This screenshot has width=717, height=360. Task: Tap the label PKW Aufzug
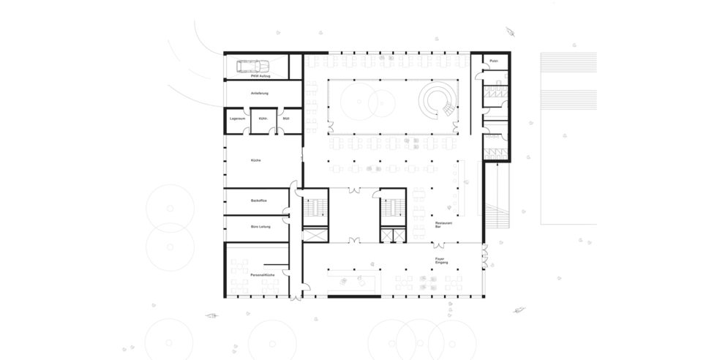261,76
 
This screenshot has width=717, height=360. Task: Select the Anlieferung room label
261,94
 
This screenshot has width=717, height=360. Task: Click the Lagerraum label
236,118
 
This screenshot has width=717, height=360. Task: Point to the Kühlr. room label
263,118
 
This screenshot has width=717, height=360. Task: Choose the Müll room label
287,118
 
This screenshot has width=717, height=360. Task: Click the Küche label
255,160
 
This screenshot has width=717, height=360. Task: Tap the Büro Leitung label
260,227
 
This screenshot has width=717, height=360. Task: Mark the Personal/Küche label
261,274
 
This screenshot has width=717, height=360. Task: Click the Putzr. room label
494,61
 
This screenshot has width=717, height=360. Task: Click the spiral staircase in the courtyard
438,100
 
